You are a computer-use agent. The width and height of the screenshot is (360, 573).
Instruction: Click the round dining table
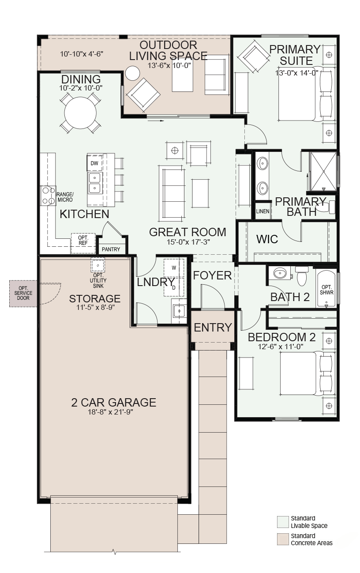pyautogui.click(x=80, y=113)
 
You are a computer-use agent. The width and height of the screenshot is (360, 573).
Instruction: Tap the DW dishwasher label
pyautogui.click(x=94, y=163)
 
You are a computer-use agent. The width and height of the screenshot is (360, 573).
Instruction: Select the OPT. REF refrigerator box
pyautogui.click(x=83, y=243)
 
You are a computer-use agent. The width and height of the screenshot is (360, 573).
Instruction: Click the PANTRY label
pyautogui.click(x=111, y=249)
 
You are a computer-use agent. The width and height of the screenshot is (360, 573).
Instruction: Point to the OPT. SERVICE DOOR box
pyautogui.click(x=23, y=294)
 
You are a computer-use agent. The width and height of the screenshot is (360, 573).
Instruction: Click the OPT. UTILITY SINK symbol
pyautogui.click(x=98, y=265)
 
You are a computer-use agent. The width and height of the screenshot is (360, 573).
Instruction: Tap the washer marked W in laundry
pyautogui.click(x=174, y=268)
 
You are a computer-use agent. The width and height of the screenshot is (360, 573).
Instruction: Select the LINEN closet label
pyautogui.click(x=262, y=211)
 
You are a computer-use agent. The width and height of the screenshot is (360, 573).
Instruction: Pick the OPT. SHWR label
pyautogui.click(x=326, y=290)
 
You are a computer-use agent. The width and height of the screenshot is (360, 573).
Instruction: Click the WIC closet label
pyautogui.click(x=267, y=239)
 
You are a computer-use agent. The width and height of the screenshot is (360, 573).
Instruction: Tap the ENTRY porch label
pyautogui.click(x=213, y=328)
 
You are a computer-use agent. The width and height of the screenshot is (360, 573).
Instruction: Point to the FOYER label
pyautogui.click(x=212, y=275)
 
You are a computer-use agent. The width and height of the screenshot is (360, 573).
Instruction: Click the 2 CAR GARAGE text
pyautogui.click(x=113, y=402)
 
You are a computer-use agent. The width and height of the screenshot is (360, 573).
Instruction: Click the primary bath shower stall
pyautogui.click(x=323, y=171)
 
